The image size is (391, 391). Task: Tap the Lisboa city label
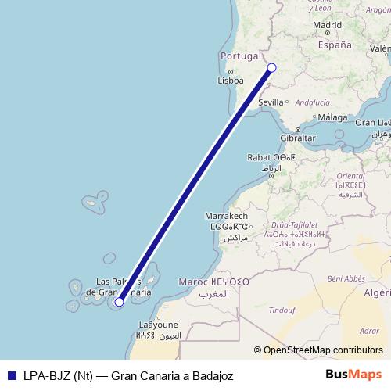coord(231,80)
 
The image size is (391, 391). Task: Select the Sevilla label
coord(271,102)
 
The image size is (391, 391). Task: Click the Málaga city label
coord(332,117)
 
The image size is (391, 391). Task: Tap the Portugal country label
coord(240,56)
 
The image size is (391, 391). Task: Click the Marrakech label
coord(226,215)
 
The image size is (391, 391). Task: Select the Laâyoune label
coord(158,325)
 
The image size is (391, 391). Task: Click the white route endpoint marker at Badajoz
coord(271,67)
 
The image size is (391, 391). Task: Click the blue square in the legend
coord(9,375)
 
